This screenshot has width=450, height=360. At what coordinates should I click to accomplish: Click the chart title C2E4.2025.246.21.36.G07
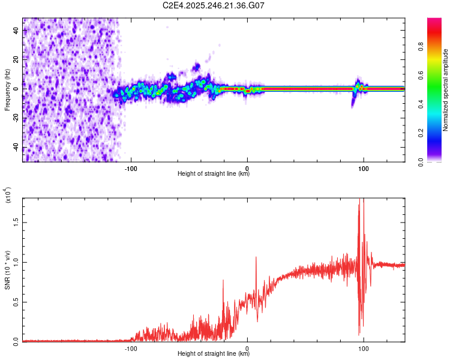[214, 6]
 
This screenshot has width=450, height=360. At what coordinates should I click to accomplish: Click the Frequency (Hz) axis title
[7, 90]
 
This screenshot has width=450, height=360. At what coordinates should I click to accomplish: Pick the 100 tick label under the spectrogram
[363, 168]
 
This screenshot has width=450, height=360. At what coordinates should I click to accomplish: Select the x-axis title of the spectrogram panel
[214, 175]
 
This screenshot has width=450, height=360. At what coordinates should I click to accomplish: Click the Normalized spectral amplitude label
[445, 90]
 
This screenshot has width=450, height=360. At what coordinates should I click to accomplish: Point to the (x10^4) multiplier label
[8, 196]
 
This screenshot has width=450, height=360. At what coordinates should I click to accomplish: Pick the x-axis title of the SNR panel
[214, 355]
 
